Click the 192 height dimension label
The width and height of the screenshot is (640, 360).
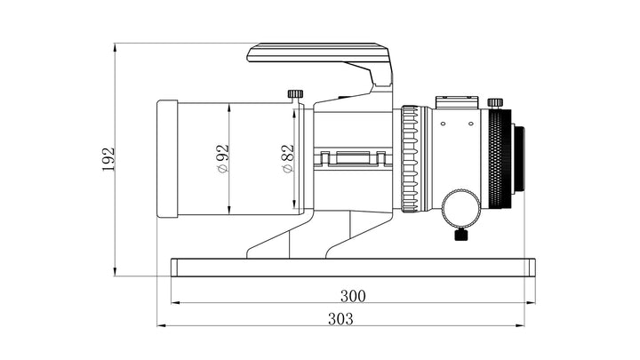click(x=109, y=159)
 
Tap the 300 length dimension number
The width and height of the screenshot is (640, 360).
click(x=353, y=295)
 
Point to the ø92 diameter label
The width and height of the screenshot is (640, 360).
click(x=222, y=159)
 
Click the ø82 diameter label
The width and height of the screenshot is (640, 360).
click(x=287, y=159)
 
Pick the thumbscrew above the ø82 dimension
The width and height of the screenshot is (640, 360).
click(x=295, y=93)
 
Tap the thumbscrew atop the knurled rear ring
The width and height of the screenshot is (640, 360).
click(x=496, y=102)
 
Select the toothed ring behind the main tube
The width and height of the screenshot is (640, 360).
click(x=409, y=160)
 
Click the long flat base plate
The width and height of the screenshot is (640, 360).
click(x=353, y=268)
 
